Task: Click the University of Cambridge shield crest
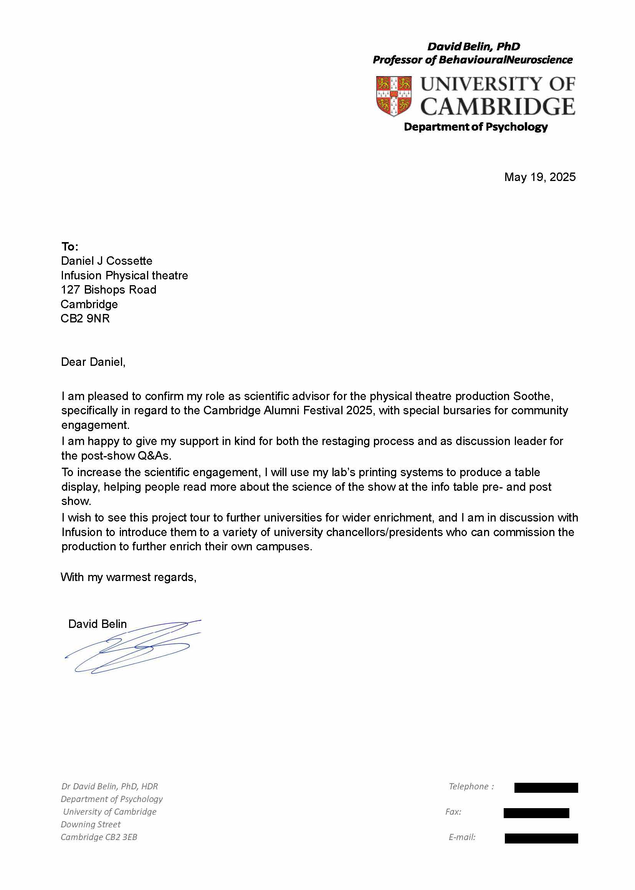(394, 96)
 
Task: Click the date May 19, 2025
(539, 177)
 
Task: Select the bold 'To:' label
(69, 247)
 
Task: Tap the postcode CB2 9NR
(85, 319)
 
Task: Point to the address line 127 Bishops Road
(108, 290)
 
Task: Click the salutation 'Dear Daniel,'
(93, 362)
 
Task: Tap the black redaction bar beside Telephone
(546, 788)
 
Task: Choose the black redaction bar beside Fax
(536, 813)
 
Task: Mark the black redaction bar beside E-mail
(541, 839)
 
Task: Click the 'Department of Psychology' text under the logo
(475, 127)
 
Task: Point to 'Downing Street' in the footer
(91, 824)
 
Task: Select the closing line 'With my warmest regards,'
(128, 577)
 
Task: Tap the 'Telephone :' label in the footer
(471, 786)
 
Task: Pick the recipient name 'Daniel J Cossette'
(106, 261)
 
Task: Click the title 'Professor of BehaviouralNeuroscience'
(472, 60)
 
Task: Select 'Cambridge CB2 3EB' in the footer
(99, 837)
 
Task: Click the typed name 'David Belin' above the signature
(98, 624)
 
